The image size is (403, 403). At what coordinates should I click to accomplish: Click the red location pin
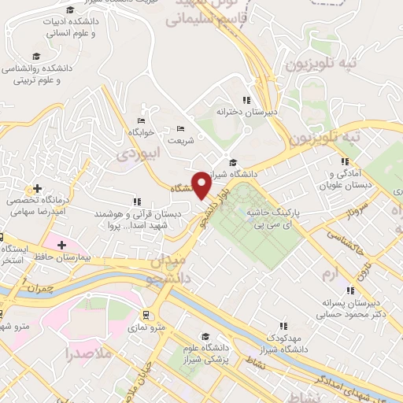coord(201,184)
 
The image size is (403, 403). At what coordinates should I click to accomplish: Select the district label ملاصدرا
coord(92,353)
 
